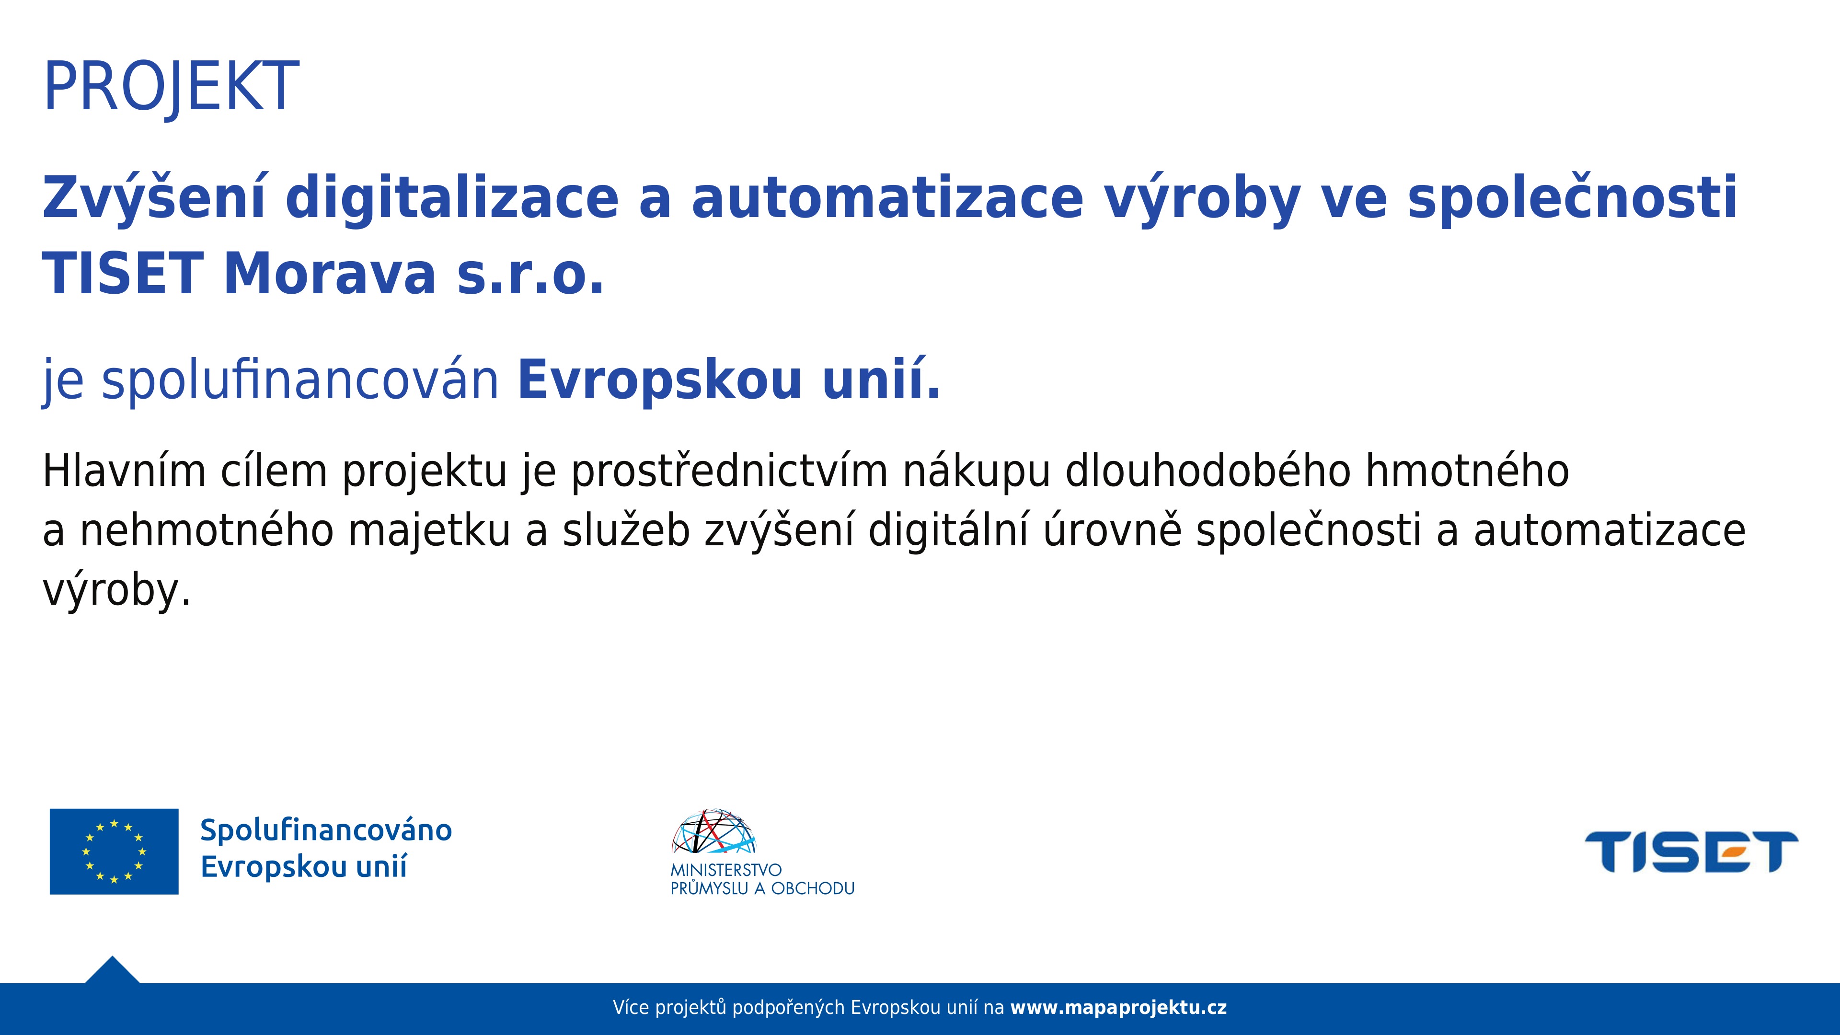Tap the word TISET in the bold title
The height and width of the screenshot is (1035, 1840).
tap(123, 274)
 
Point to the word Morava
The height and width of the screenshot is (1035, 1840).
tap(329, 274)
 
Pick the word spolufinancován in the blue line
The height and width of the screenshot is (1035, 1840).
tap(300, 381)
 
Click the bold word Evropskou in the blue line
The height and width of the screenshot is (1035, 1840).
tap(660, 381)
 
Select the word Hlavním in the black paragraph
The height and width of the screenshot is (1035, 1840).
tap(124, 471)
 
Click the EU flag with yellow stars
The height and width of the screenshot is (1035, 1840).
tap(115, 851)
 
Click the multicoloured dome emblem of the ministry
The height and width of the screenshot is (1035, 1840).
tap(713, 831)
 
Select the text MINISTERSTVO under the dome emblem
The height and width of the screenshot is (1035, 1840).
tap(726, 870)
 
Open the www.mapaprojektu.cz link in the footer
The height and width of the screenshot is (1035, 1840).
tap(1118, 1008)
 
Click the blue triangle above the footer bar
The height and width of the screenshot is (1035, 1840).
tap(112, 971)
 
